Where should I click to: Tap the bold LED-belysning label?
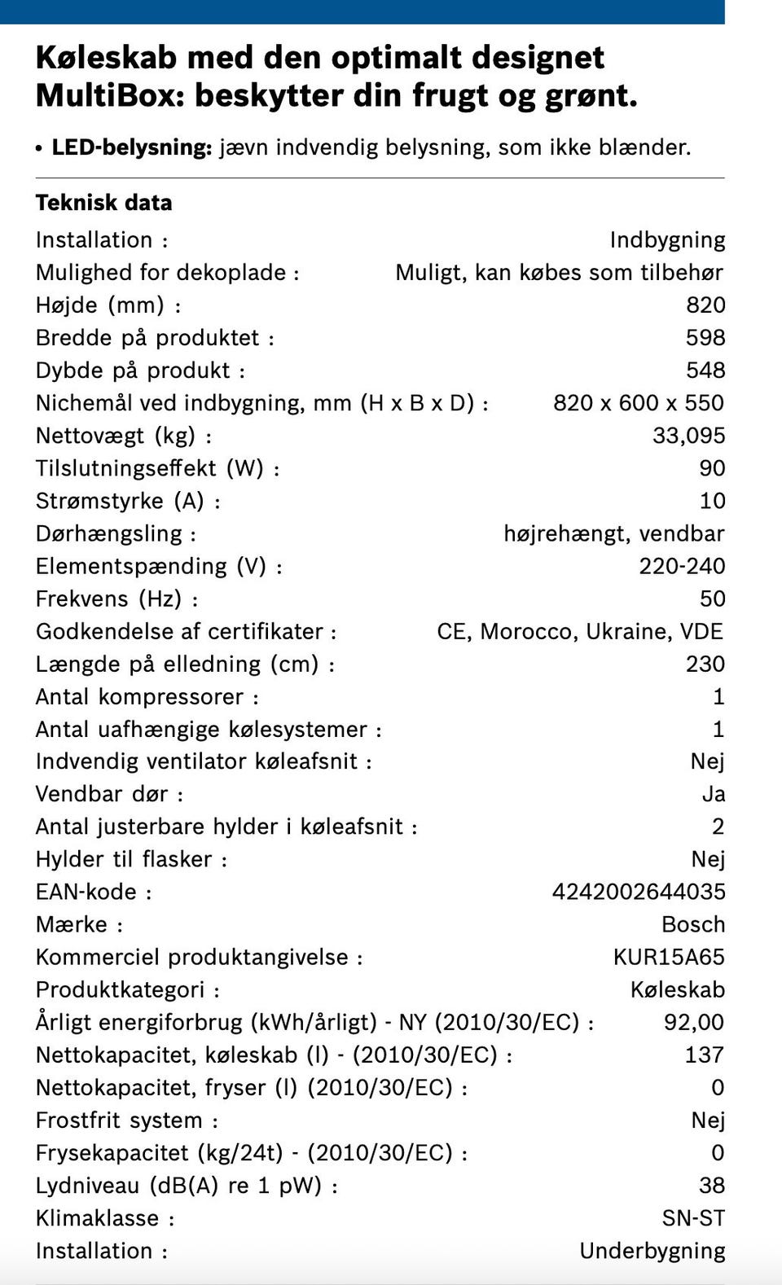[132, 147]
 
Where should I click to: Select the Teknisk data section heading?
[103, 203]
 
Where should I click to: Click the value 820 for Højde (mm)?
[705, 305]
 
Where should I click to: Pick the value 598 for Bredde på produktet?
[705, 338]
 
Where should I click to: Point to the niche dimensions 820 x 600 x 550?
[638, 403]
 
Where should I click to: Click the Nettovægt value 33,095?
[688, 436]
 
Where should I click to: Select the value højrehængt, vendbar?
[613, 533]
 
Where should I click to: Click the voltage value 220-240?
[681, 566]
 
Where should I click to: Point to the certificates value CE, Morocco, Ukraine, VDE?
[579, 631]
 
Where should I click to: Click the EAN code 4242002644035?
[638, 892]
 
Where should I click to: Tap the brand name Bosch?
[692, 924]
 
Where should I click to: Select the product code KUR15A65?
[668, 957]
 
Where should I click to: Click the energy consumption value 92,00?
[693, 1022]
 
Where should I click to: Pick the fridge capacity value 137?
[704, 1055]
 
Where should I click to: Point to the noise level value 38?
[711, 1185]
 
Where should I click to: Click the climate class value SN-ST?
[692, 1218]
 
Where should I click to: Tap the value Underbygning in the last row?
[652, 1251]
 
